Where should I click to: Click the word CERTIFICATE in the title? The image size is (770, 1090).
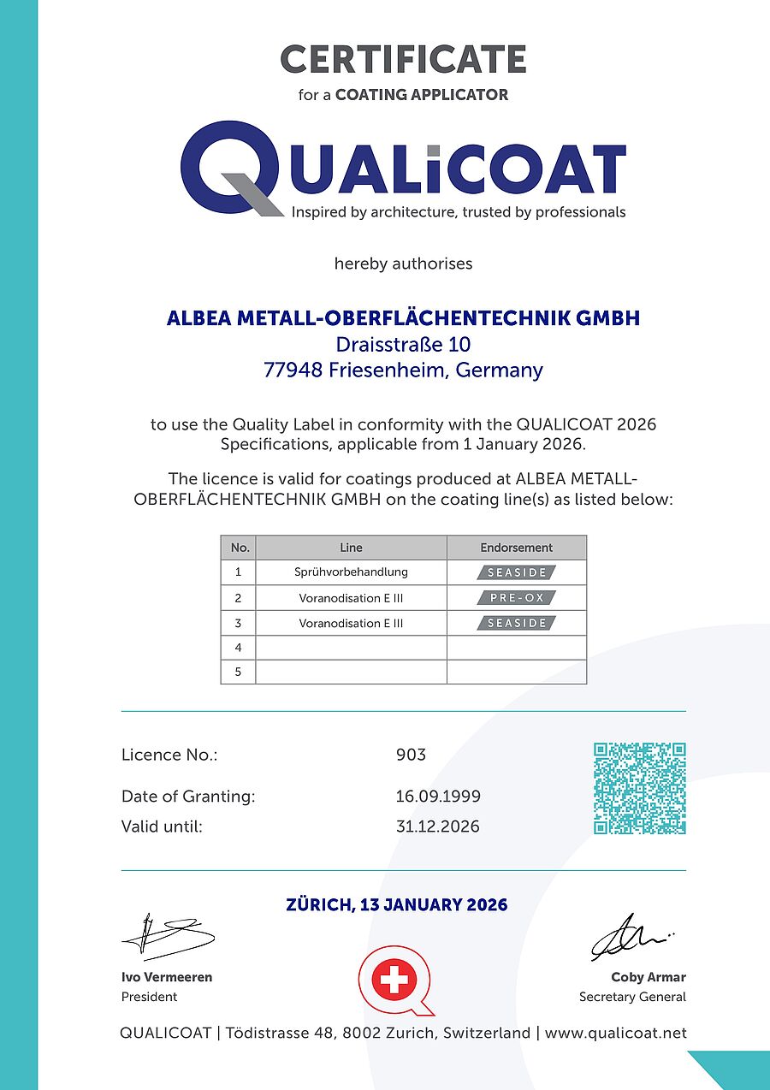pyautogui.click(x=403, y=60)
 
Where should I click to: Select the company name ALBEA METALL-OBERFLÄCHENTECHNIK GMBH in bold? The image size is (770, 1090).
pyautogui.click(x=403, y=318)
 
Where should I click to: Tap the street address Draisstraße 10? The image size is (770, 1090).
pyautogui.click(x=403, y=345)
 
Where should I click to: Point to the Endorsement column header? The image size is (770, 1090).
pyautogui.click(x=516, y=548)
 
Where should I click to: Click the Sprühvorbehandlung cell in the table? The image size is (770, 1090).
pyautogui.click(x=351, y=572)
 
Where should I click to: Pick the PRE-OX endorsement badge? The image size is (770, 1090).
pyautogui.click(x=517, y=597)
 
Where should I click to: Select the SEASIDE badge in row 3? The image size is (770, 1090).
pyautogui.click(x=517, y=623)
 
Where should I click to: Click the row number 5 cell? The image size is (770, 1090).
pyautogui.click(x=238, y=672)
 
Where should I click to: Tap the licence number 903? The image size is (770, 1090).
pyautogui.click(x=411, y=755)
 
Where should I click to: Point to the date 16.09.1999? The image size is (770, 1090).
pyautogui.click(x=437, y=797)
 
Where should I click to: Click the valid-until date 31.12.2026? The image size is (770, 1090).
pyautogui.click(x=437, y=826)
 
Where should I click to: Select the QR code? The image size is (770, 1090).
pyautogui.click(x=639, y=788)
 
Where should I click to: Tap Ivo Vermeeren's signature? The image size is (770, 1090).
pyautogui.click(x=167, y=938)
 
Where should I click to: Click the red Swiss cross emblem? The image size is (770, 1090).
pyautogui.click(x=394, y=979)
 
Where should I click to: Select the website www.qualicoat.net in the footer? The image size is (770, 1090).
pyautogui.click(x=615, y=1033)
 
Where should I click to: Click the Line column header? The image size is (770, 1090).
pyautogui.click(x=351, y=548)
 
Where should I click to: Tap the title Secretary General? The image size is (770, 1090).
pyautogui.click(x=632, y=997)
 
